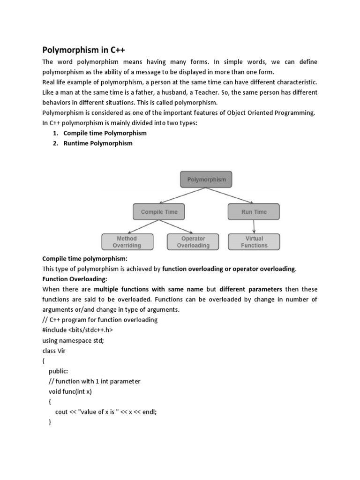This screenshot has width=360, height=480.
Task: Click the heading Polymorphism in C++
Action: (84, 50)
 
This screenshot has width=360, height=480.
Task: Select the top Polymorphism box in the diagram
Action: (206, 180)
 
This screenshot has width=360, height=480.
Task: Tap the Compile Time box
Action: (159, 212)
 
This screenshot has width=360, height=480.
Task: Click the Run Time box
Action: (254, 212)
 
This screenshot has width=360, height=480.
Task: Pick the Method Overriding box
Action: (127, 242)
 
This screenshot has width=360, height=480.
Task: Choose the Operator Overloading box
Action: (193, 242)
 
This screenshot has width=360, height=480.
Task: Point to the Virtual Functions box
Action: (254, 242)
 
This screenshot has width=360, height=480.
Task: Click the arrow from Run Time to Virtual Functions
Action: (254, 227)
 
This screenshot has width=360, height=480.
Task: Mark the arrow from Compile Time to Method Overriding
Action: (143, 227)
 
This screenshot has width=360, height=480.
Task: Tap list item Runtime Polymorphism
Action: (98, 143)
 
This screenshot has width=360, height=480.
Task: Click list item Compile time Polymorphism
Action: (105, 133)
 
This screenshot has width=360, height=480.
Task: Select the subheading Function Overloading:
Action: (68, 279)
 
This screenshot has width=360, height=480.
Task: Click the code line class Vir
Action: (54, 351)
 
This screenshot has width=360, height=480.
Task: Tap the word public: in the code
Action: (58, 371)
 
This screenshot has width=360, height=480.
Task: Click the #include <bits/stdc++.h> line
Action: (77, 330)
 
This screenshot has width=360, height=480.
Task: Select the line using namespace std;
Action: (73, 341)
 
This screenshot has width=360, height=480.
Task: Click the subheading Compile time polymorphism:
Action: (85, 258)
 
